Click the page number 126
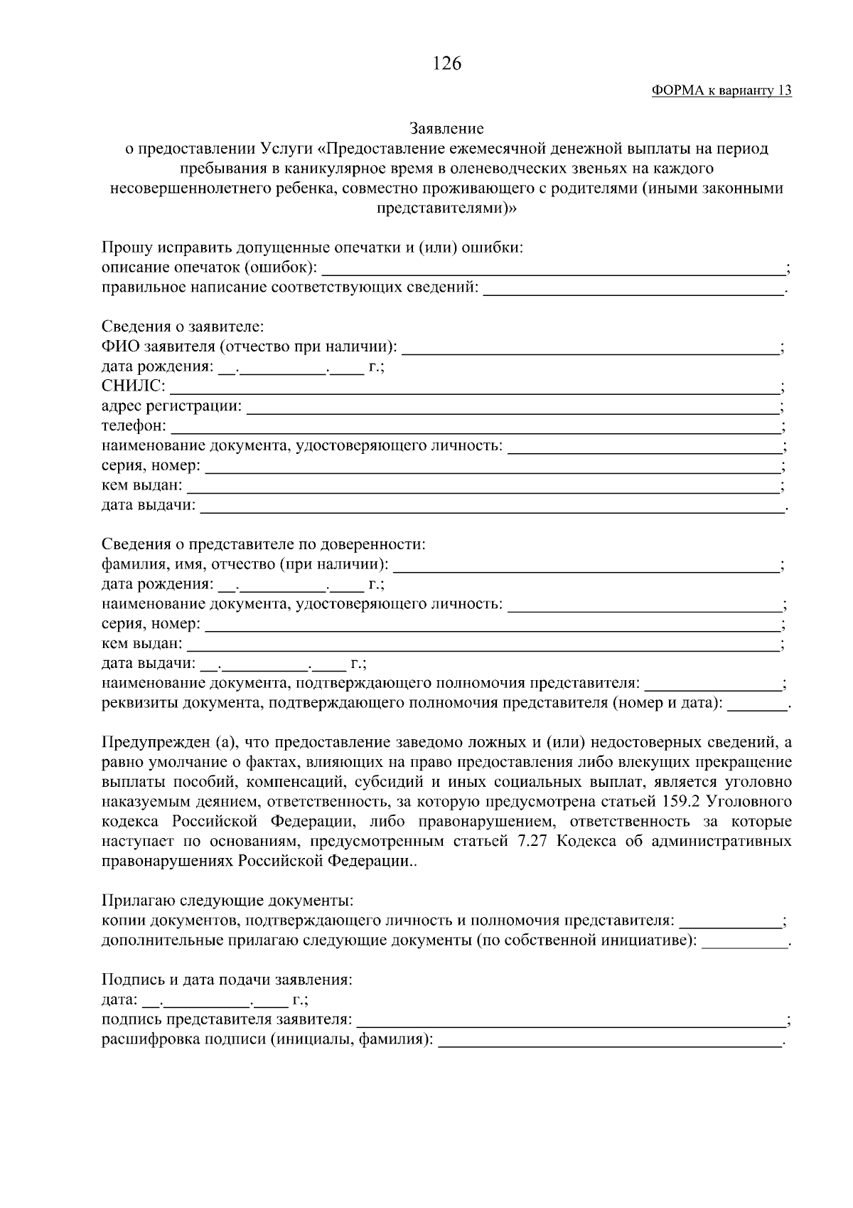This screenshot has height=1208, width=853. coord(446,64)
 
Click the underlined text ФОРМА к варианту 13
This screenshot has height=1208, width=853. coord(721,91)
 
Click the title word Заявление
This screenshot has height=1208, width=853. coord(446,129)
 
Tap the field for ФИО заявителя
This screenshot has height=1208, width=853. coord(590,349)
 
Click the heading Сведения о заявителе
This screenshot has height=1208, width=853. coord(183,327)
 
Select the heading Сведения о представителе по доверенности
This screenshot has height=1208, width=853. coord(264,545)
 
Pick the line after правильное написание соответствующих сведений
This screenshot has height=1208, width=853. coord(633,290)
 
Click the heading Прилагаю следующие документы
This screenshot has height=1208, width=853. coord(227,901)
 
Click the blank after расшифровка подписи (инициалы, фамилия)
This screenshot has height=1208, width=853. coord(610,1041)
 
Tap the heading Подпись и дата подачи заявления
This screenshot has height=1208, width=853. coord(227,980)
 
